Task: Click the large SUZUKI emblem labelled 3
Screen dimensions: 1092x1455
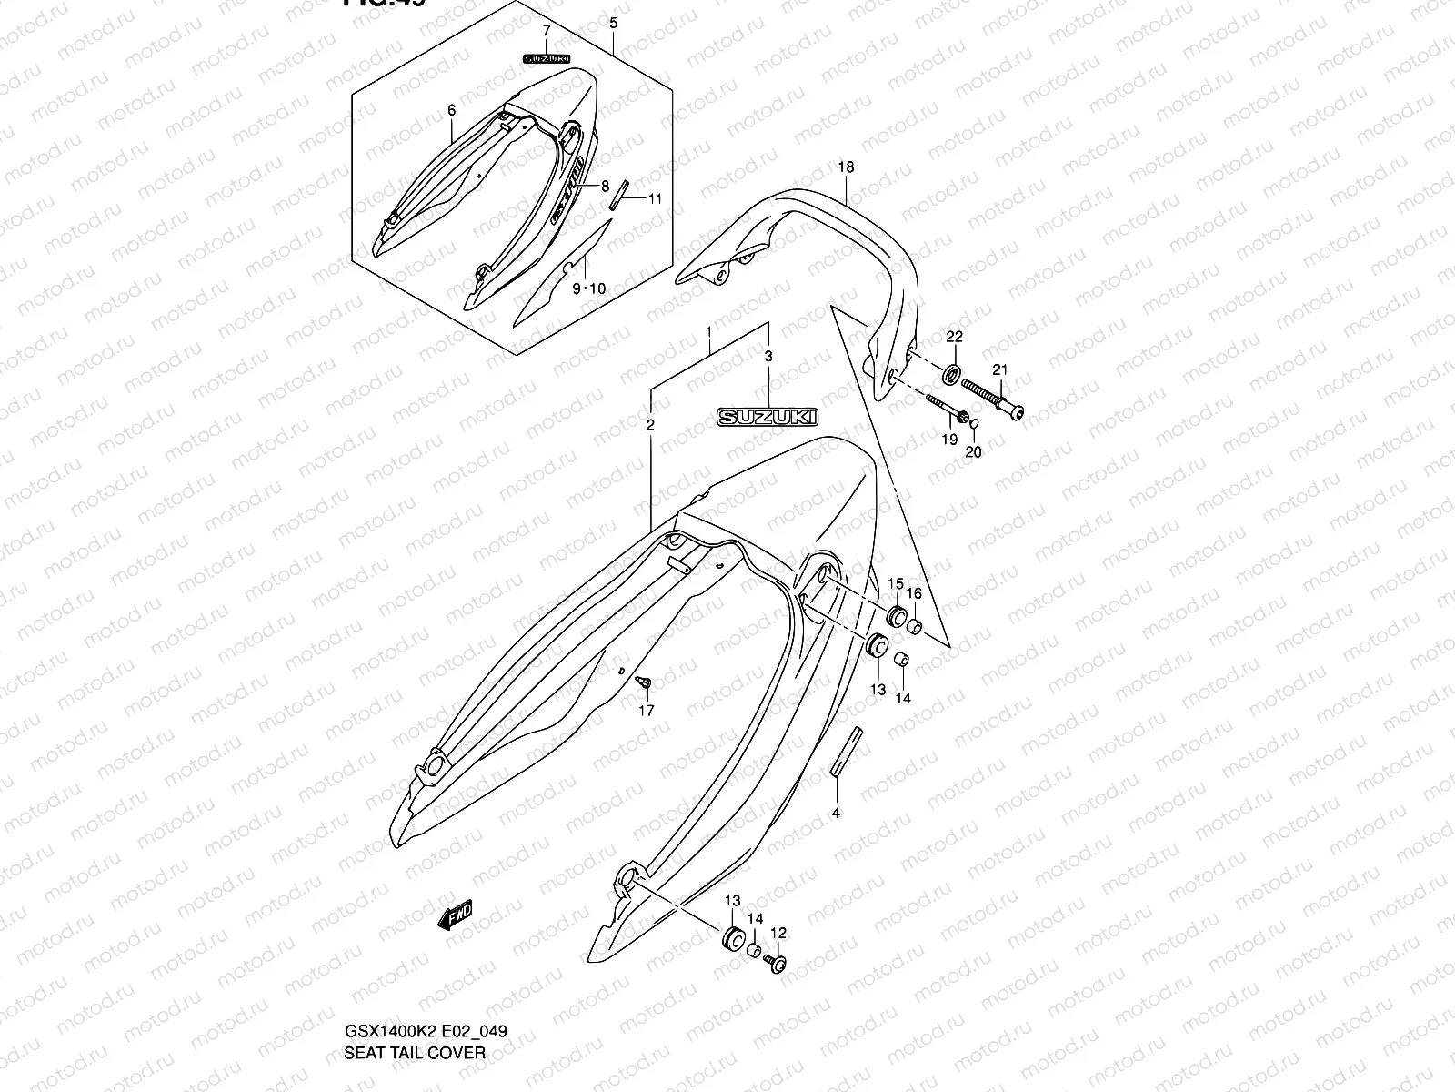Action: [x=768, y=417]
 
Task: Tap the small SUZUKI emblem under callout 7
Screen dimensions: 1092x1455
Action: [x=546, y=58]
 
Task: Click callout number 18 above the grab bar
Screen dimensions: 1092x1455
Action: [x=846, y=167]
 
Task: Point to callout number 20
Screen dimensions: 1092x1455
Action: [x=973, y=451]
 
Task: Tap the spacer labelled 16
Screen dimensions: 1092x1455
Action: [x=914, y=626]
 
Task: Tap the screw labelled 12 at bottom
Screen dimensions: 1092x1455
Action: [x=776, y=960]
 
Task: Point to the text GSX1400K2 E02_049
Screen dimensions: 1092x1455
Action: [x=425, y=1031]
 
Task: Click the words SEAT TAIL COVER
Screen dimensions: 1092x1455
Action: [x=414, y=1053]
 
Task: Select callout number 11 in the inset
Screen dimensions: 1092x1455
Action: [x=655, y=198]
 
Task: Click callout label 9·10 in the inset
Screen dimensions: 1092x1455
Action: [x=588, y=288]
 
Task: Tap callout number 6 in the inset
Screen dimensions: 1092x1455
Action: [x=451, y=110]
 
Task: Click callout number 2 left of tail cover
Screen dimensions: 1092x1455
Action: [x=650, y=425]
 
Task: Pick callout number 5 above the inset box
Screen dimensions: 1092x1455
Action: [x=613, y=22]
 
